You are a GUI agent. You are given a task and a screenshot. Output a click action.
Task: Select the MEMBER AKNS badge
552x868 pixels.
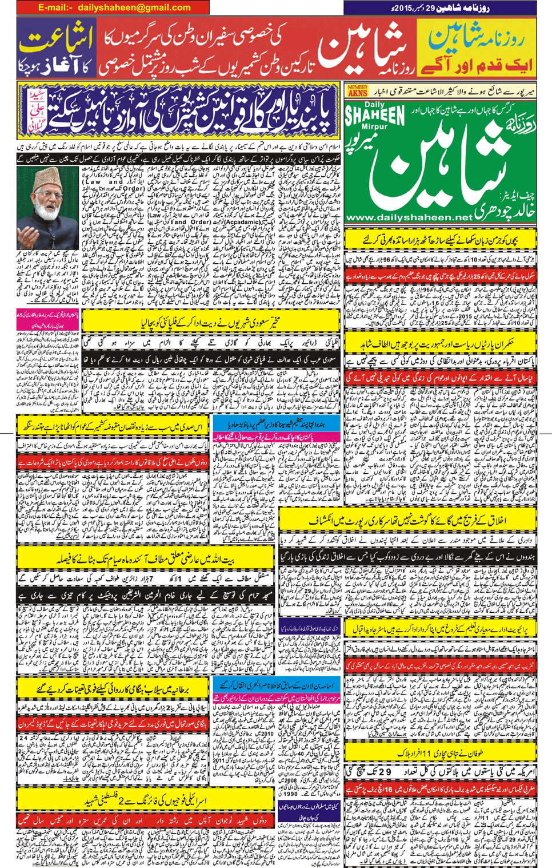point(357,90)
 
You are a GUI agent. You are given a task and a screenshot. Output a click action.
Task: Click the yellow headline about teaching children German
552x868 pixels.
point(441,240)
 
